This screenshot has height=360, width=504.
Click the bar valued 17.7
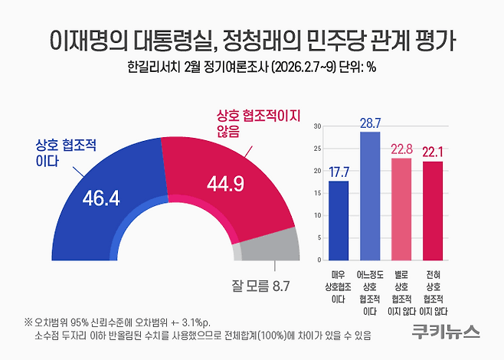[339, 221]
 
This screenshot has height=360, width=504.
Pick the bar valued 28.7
[370, 196]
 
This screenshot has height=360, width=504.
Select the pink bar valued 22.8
[401, 209]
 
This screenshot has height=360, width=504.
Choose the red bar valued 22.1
[433, 211]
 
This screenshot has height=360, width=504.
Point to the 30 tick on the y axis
[317, 126]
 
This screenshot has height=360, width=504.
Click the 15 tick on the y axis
[318, 193]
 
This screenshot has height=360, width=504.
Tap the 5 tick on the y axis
[319, 238]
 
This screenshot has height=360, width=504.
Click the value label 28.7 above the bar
[370, 123]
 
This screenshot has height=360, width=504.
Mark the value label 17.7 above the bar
[339, 172]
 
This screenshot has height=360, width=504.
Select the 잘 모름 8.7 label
[260, 286]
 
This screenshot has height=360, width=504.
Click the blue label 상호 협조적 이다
[66, 153]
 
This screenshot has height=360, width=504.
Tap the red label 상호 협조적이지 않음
[258, 123]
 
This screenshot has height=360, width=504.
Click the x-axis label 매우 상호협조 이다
[338, 287]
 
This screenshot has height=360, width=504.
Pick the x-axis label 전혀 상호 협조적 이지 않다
[434, 293]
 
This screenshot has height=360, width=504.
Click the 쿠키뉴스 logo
[446, 332]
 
